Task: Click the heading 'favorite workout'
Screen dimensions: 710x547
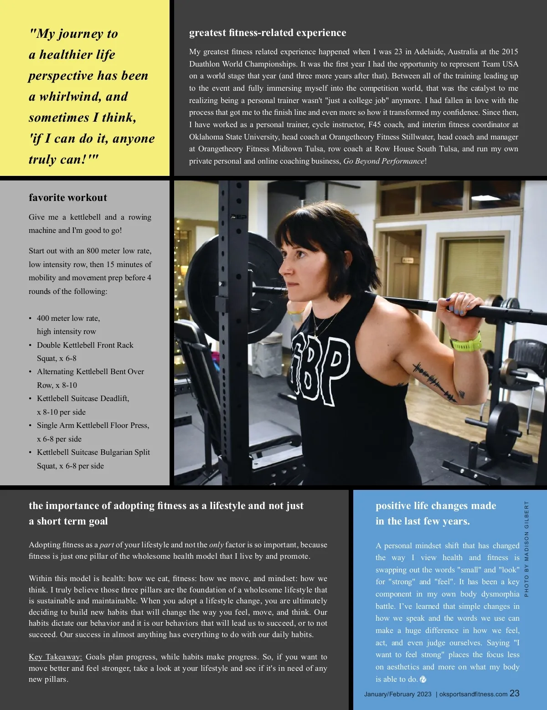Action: click(x=68, y=197)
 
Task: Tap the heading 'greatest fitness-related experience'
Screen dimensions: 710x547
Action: click(x=267, y=32)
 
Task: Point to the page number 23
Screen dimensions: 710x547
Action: click(x=514, y=693)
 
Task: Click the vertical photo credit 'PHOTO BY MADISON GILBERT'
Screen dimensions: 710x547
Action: click(x=526, y=549)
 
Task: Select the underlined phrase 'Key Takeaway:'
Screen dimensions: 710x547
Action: click(x=55, y=657)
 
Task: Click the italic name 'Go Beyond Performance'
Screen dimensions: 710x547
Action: click(x=383, y=161)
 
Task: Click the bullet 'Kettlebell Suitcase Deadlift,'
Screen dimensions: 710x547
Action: click(x=83, y=398)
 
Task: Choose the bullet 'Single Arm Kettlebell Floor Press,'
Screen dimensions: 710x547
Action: click(x=93, y=425)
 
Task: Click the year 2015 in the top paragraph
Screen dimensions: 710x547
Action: click(x=510, y=51)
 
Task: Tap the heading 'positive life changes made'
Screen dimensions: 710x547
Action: click(x=435, y=505)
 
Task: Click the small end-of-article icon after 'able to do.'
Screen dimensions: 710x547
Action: click(x=423, y=679)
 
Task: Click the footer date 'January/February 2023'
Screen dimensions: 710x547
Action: click(x=397, y=694)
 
